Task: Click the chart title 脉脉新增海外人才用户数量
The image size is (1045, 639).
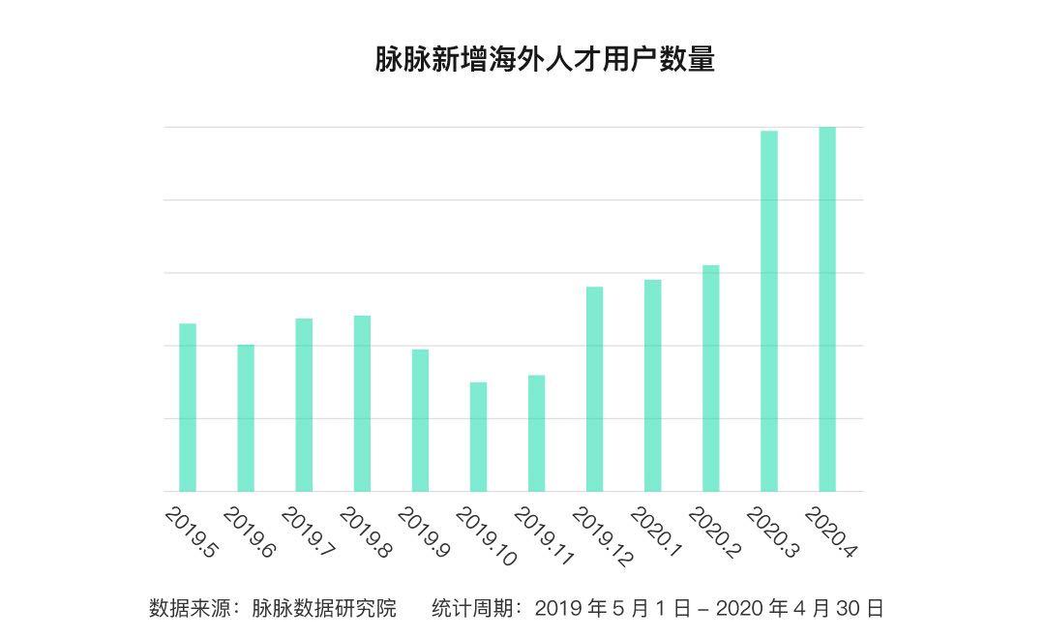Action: pos(545,59)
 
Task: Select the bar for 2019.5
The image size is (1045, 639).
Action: pos(188,408)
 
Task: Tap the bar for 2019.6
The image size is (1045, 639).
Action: pos(246,418)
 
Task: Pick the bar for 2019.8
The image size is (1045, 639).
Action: pos(362,404)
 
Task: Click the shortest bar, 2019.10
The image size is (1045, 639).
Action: pos(478,437)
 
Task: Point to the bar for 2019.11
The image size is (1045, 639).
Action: pos(536,434)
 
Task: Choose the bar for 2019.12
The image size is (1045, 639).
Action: pos(594,389)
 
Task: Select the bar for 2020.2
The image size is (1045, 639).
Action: pos(711,379)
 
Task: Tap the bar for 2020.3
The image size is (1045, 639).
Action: pos(769,311)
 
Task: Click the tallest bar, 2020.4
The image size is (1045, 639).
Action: pos(827,309)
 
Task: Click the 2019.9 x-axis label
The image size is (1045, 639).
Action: pos(424,532)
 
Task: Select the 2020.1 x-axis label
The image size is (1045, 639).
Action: pos(656,532)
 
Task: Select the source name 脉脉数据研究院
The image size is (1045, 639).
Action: pos(324,608)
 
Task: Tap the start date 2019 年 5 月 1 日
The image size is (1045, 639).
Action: pos(612,608)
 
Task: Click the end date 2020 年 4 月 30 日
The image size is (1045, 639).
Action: pos(799,608)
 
